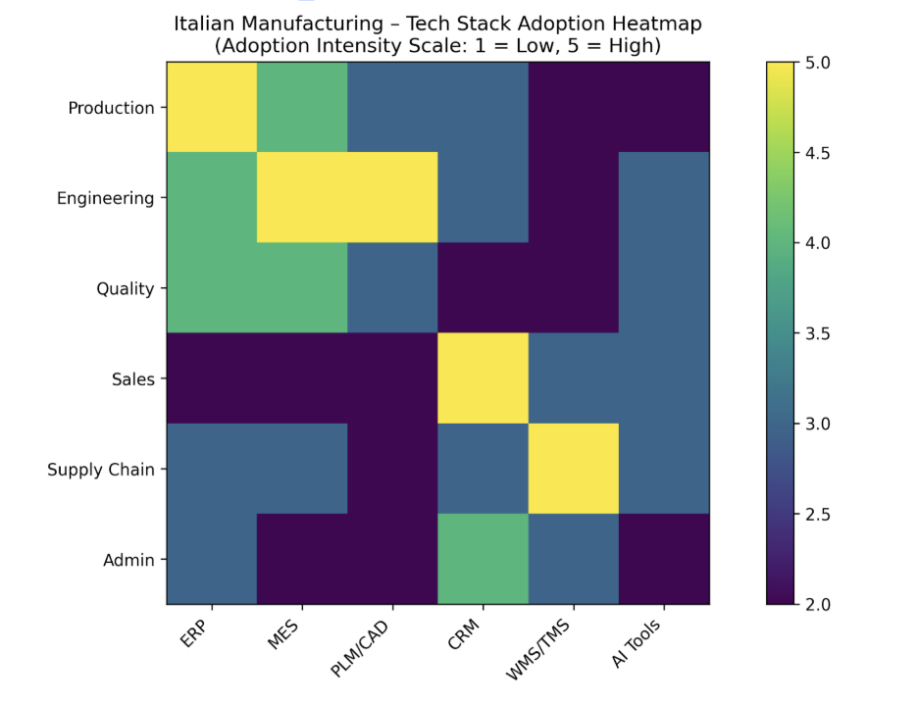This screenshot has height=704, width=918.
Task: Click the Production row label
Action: (111, 108)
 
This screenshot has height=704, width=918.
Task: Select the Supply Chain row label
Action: (101, 470)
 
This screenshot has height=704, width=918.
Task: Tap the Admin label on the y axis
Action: (129, 560)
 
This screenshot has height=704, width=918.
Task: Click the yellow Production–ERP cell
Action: (211, 108)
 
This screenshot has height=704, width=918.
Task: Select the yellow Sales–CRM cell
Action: (483, 378)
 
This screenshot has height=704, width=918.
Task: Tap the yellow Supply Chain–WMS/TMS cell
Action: (573, 469)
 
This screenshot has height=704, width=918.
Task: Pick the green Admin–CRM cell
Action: (483, 559)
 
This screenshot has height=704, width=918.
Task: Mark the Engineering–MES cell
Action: (301, 198)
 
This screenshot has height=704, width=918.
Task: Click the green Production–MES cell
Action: (301, 108)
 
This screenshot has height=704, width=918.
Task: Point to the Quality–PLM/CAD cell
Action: (392, 288)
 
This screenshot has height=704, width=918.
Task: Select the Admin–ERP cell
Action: (211, 559)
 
